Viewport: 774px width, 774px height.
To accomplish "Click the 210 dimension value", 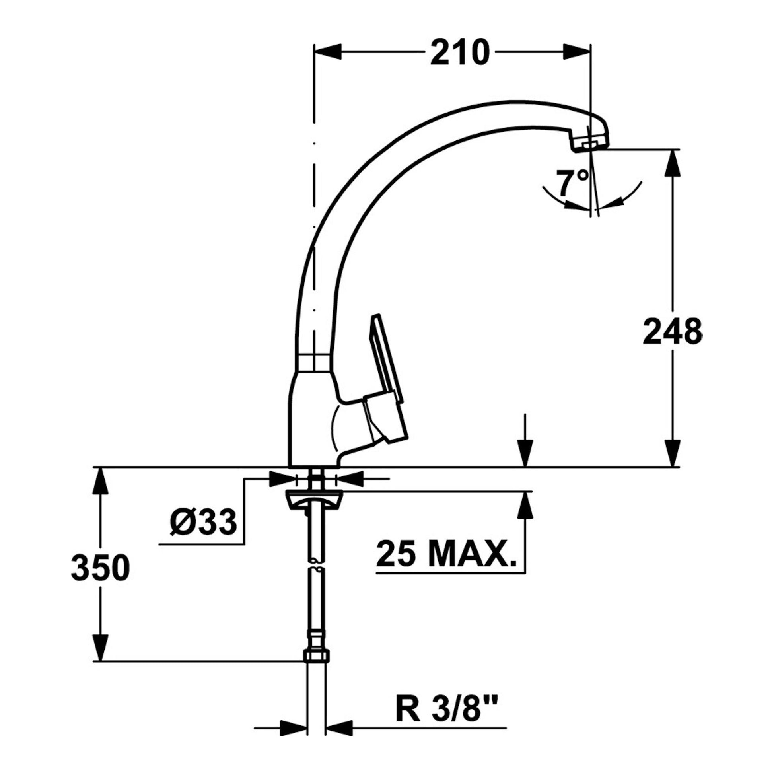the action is tap(460, 52).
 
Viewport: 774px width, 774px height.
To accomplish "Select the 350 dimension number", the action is tap(101, 568).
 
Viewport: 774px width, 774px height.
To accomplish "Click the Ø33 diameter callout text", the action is tap(203, 522).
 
